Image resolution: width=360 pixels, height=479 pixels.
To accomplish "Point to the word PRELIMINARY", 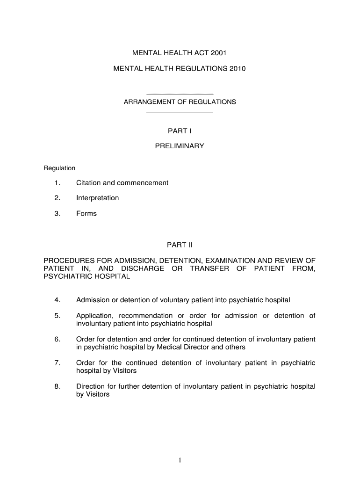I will [x=180, y=146].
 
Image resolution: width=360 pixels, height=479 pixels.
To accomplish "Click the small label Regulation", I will [x=59, y=168].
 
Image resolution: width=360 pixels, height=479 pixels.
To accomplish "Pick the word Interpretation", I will [x=97, y=198].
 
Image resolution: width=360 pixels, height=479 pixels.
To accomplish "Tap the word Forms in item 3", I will [x=86, y=213].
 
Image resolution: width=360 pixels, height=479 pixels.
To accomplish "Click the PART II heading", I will [x=180, y=245].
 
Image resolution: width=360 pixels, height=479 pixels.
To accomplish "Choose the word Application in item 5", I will [x=95, y=316].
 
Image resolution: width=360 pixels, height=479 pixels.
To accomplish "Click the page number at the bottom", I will [x=180, y=460].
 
